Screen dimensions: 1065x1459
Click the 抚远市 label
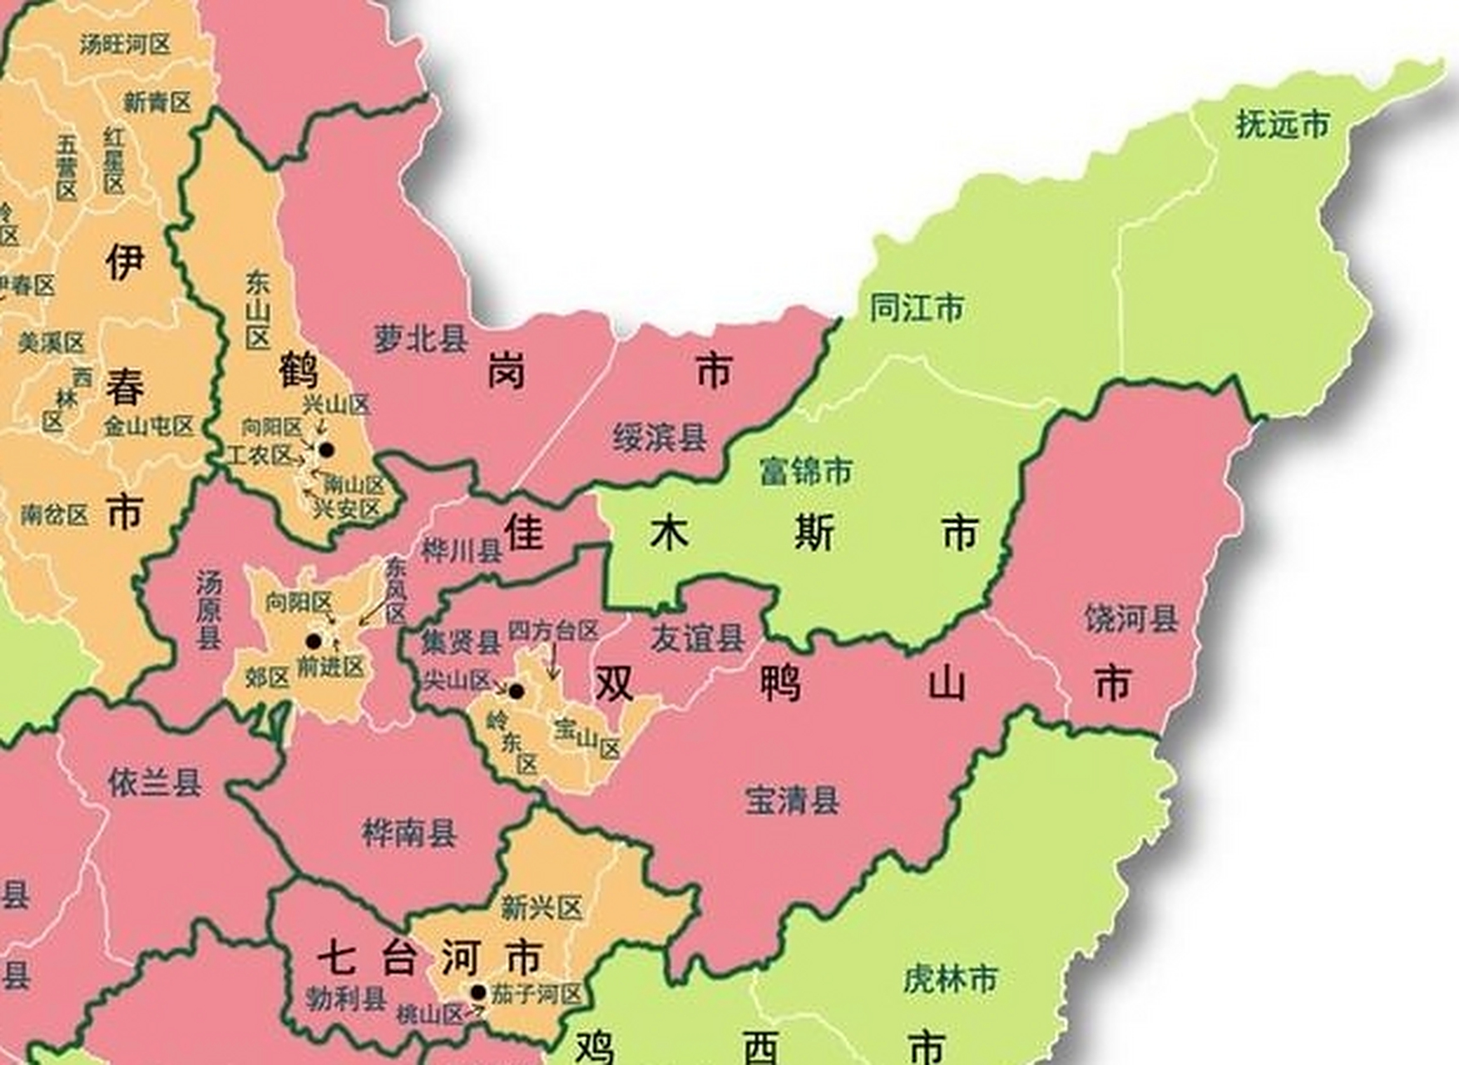[x=1282, y=125]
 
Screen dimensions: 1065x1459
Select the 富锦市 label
[x=805, y=472]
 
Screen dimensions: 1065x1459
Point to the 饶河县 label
[x=1131, y=619]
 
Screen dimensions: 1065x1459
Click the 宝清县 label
[x=792, y=800]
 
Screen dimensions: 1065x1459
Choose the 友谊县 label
[x=697, y=639]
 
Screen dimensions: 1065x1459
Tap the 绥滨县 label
[x=660, y=438]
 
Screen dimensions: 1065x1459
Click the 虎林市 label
[x=950, y=979]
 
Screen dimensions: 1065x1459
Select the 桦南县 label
[x=409, y=832]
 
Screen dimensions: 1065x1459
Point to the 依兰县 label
[x=155, y=782]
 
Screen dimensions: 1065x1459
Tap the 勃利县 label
[x=345, y=998]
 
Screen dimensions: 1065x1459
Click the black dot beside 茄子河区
[x=478, y=992]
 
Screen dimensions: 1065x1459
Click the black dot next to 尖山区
[x=517, y=691]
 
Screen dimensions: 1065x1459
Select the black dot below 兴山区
[x=327, y=449]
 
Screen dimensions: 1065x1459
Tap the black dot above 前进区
[x=314, y=641]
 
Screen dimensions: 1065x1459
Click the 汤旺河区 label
[x=125, y=44]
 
